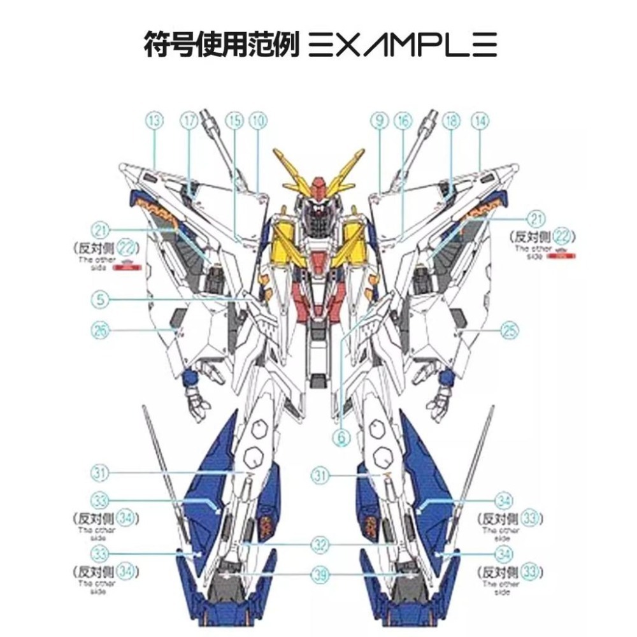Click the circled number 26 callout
pyautogui.click(x=101, y=330)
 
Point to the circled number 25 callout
pyautogui.click(x=509, y=330)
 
